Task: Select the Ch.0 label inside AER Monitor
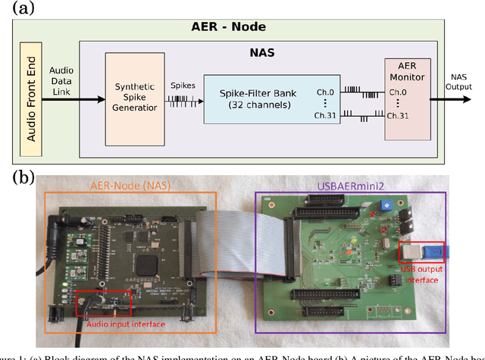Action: pyautogui.click(x=396, y=92)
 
